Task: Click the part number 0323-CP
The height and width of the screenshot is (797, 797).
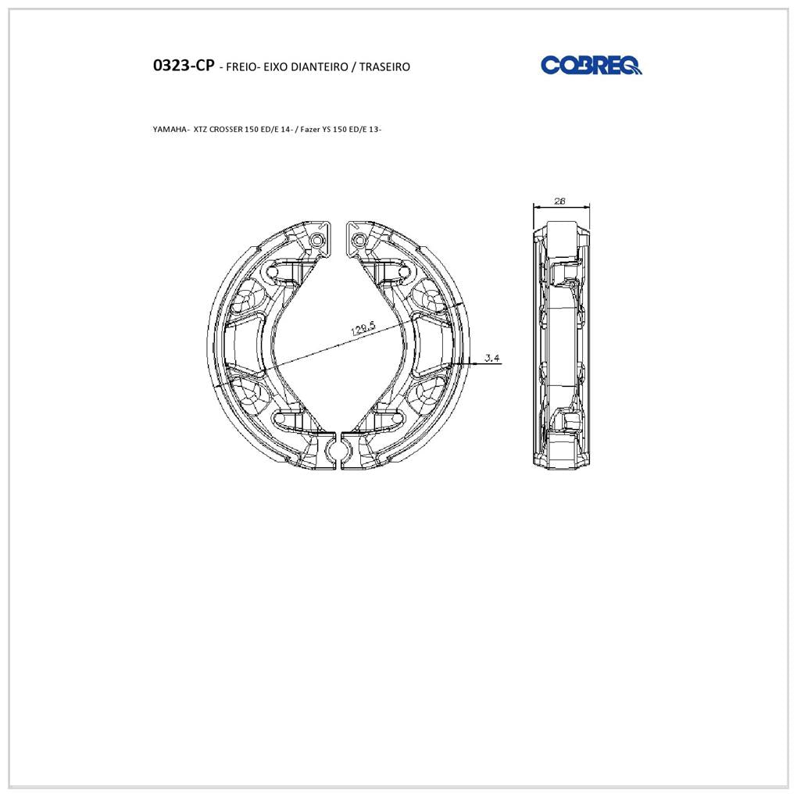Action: (184, 66)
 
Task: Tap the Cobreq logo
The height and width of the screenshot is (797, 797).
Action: (591, 65)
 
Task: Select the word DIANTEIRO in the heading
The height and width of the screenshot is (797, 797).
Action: (320, 66)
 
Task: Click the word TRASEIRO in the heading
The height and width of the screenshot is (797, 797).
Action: (384, 66)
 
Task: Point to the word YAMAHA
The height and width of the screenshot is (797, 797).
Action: (170, 129)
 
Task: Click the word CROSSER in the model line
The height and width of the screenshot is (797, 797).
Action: (226, 129)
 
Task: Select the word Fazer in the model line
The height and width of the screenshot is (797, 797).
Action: (309, 129)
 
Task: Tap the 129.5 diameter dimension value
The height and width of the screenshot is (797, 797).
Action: (363, 329)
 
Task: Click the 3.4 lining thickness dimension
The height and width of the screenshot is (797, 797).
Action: (492, 358)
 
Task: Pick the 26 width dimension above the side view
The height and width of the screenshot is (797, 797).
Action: (559, 201)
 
